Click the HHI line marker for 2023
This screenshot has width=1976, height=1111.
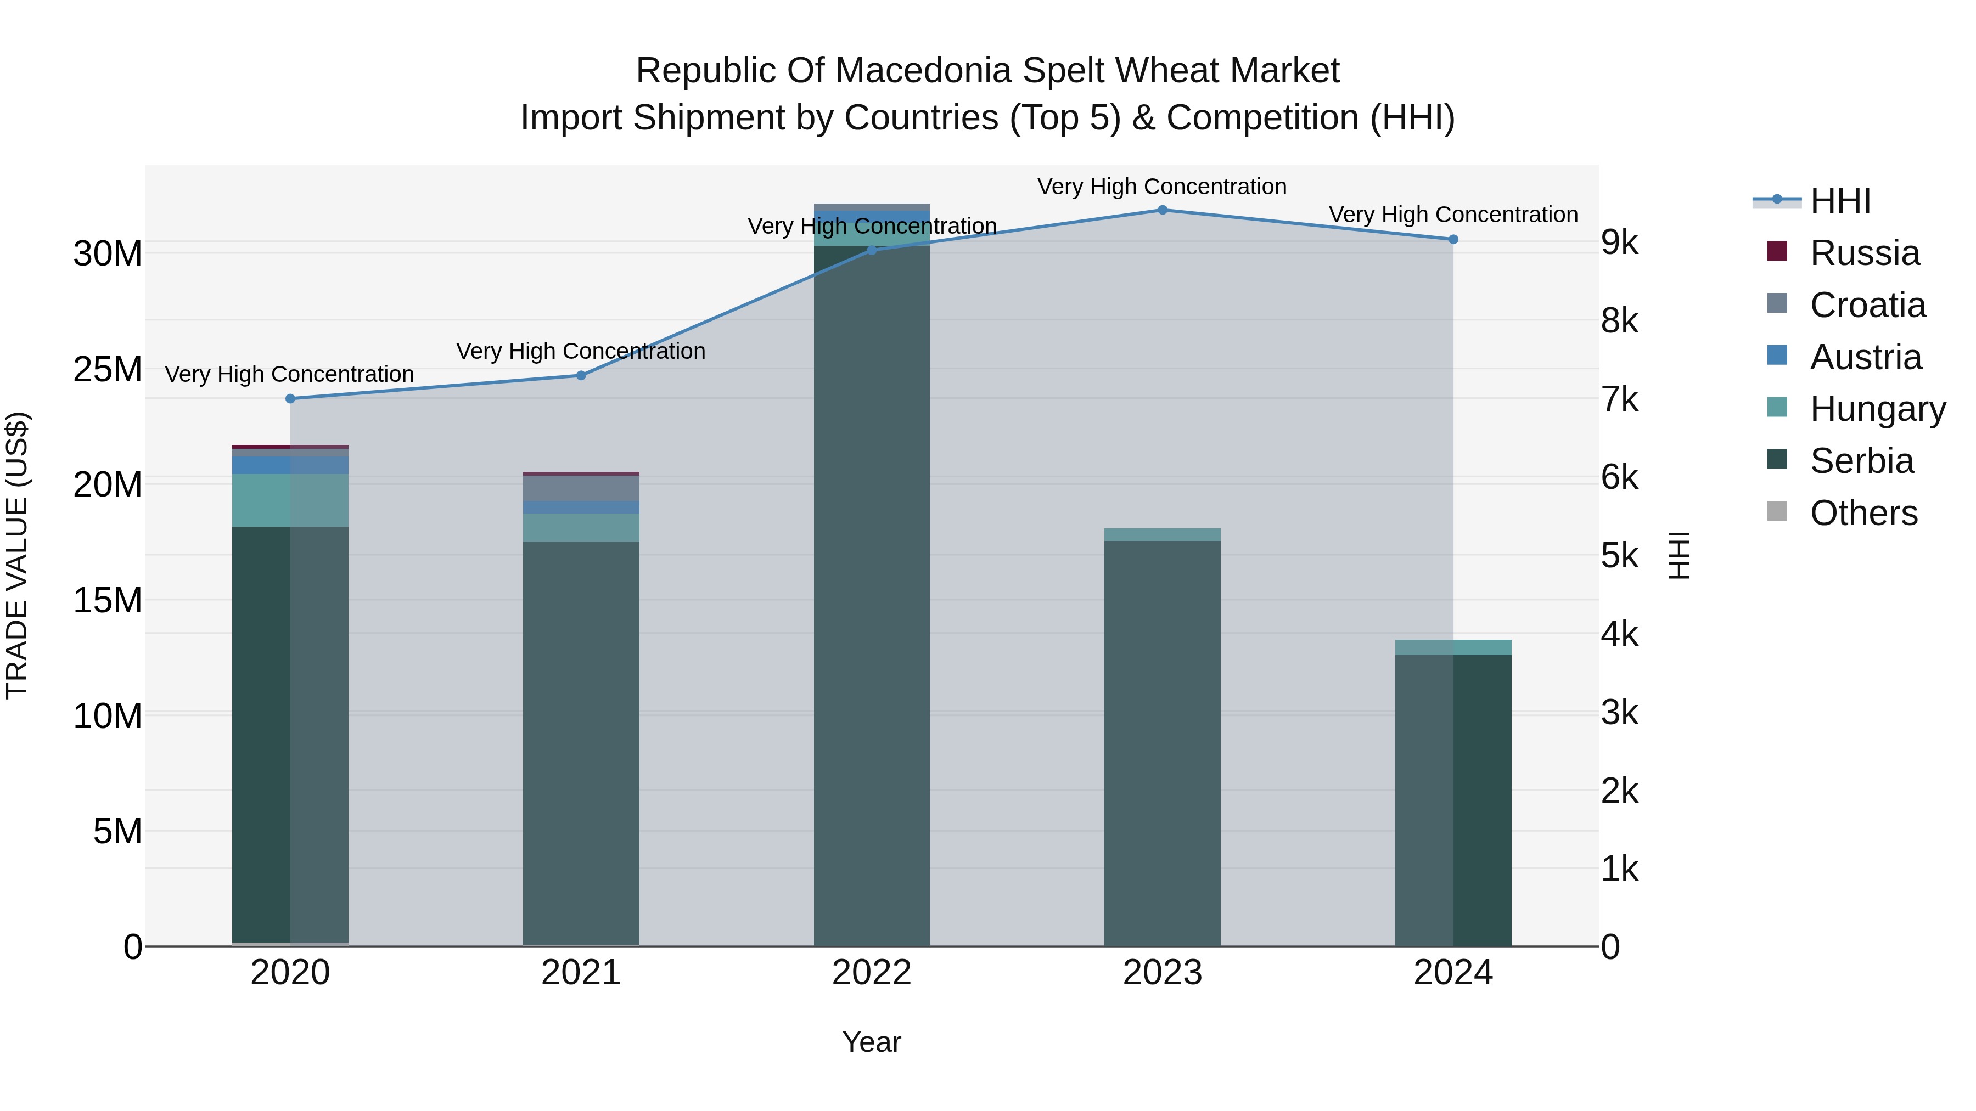pyautogui.click(x=1162, y=210)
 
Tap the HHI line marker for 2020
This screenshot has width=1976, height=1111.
pyautogui.click(x=290, y=399)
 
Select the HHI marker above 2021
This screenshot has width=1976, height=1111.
pyautogui.click(x=581, y=376)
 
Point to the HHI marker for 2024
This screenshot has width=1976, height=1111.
pyautogui.click(x=1453, y=239)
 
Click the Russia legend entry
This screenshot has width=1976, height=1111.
pyautogui.click(x=1864, y=253)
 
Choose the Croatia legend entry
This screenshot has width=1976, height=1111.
pyautogui.click(x=1867, y=305)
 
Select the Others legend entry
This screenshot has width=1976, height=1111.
pyautogui.click(x=1863, y=513)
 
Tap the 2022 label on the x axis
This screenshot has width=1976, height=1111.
pyautogui.click(x=872, y=973)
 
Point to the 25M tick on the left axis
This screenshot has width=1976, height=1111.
pyautogui.click(x=108, y=370)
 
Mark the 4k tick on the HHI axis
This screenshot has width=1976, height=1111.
pyautogui.click(x=1619, y=634)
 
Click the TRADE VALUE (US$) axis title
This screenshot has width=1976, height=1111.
pyautogui.click(x=17, y=555)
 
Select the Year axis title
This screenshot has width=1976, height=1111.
pyautogui.click(x=872, y=1042)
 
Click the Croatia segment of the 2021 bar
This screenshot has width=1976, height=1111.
pyautogui.click(x=581, y=488)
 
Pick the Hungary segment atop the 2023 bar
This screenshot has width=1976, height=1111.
pyautogui.click(x=1162, y=534)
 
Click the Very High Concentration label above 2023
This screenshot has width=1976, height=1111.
pyautogui.click(x=1162, y=187)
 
